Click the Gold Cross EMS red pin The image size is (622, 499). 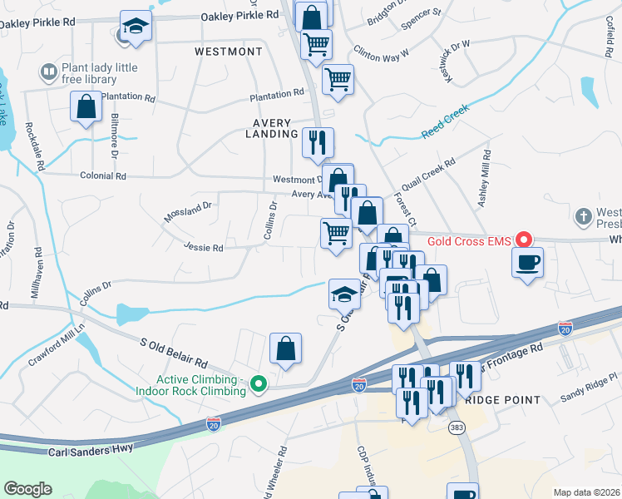pyautogui.click(x=523, y=240)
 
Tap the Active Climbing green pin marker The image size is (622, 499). pyautogui.click(x=259, y=383)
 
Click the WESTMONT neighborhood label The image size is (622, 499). pyautogui.click(x=228, y=52)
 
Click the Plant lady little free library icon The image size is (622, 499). pyautogui.click(x=49, y=73)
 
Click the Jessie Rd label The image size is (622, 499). pyautogui.click(x=204, y=247)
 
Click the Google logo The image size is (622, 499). pyautogui.click(x=27, y=488)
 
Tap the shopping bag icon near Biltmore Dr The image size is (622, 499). pyautogui.click(x=86, y=106)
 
